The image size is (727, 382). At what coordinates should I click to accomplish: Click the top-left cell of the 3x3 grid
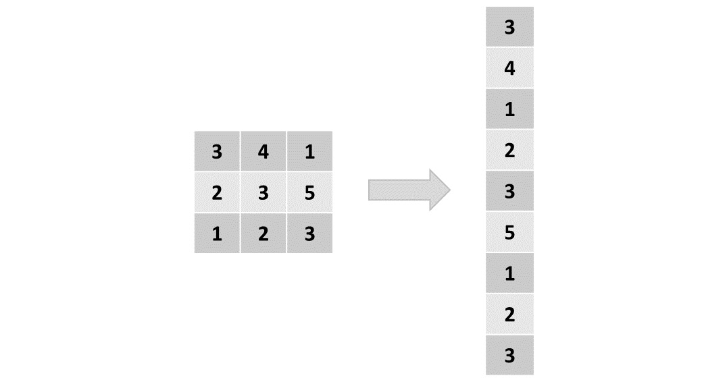coord(217,152)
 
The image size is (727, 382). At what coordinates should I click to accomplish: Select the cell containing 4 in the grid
coord(263,152)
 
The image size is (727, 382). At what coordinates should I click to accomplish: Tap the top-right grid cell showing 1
coord(309,152)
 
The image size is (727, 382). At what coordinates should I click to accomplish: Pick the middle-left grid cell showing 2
coord(217,193)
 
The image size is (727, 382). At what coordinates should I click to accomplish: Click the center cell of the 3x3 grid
coord(263,193)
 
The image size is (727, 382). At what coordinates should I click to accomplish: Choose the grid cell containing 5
coord(309,193)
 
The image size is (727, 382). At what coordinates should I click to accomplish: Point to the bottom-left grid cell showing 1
coord(217,234)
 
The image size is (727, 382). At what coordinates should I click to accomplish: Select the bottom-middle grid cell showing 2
coord(263,234)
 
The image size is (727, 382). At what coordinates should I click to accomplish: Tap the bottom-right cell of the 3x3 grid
coord(309,234)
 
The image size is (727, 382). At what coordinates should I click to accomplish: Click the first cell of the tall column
coord(509,27)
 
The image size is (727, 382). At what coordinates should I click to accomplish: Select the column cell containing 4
coord(509,68)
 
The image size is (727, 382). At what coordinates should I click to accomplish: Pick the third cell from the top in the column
coord(509,109)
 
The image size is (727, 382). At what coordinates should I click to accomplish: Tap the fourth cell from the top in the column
coord(509,151)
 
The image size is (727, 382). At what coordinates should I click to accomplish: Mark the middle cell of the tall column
coord(509,192)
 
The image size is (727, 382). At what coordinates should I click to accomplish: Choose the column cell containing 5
coord(509,233)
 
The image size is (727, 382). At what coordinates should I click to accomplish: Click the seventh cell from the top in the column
coord(509,274)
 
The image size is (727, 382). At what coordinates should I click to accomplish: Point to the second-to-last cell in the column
coord(509,315)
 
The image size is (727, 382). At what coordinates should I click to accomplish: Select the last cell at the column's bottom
coord(509,356)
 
